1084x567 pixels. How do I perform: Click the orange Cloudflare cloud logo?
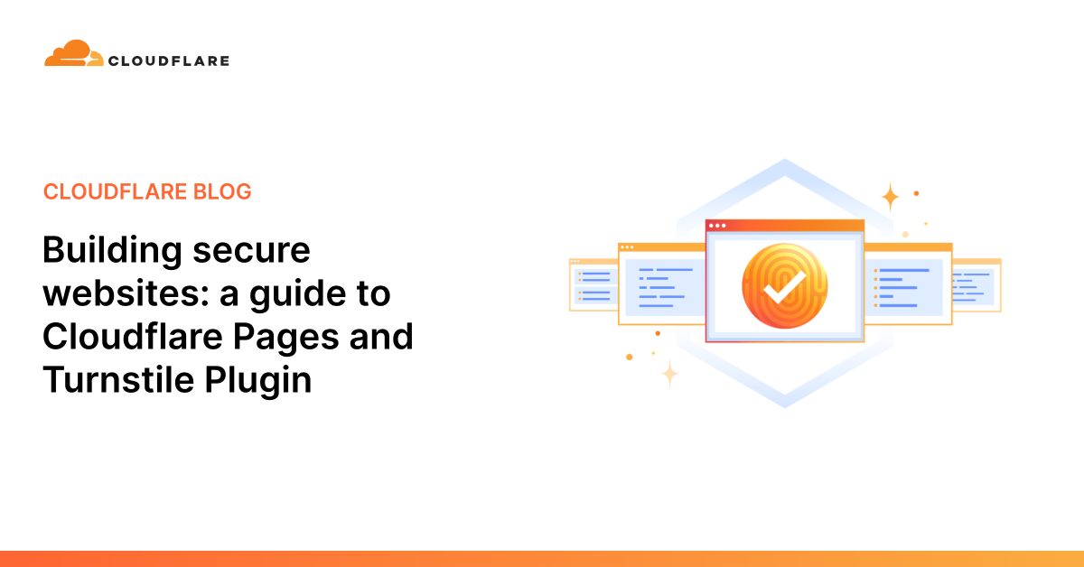[x=73, y=53]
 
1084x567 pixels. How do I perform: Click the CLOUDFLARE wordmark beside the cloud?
[x=169, y=61]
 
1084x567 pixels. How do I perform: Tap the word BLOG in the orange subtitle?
[x=222, y=191]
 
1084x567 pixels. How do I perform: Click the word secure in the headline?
[x=251, y=252]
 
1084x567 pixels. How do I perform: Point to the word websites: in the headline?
[x=126, y=293]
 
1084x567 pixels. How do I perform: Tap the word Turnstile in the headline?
[x=118, y=380]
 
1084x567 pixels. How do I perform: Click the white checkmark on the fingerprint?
[x=784, y=287]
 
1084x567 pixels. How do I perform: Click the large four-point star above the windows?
[x=890, y=197]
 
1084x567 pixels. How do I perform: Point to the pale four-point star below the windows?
[x=669, y=374]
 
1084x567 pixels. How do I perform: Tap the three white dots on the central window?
[x=717, y=226]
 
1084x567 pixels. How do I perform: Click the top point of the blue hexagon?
[x=785, y=161]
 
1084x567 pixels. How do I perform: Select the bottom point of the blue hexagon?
[x=785, y=406]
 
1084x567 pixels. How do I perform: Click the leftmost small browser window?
[x=593, y=285]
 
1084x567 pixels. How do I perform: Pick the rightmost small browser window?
[x=977, y=285]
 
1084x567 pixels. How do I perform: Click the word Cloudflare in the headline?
[x=132, y=337]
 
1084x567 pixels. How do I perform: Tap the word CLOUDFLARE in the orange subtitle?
[x=116, y=191]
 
